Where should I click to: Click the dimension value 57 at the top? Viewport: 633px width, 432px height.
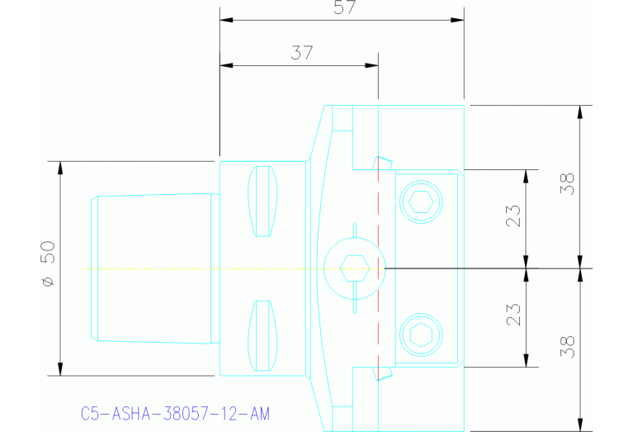(341, 8)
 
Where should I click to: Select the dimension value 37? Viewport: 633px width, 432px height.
(301, 54)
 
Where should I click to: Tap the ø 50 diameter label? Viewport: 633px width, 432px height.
(48, 264)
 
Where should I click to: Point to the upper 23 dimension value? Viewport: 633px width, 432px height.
(513, 216)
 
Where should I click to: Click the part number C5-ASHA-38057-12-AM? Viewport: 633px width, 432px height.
(175, 412)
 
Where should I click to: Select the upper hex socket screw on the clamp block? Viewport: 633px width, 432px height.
(420, 201)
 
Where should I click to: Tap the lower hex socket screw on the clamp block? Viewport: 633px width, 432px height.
(420, 335)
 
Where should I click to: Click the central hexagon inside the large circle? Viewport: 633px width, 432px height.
(354, 268)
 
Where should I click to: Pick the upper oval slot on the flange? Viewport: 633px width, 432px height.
(262, 201)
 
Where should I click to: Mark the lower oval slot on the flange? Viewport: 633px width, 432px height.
(262, 335)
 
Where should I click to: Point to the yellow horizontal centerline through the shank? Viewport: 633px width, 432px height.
(165, 268)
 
